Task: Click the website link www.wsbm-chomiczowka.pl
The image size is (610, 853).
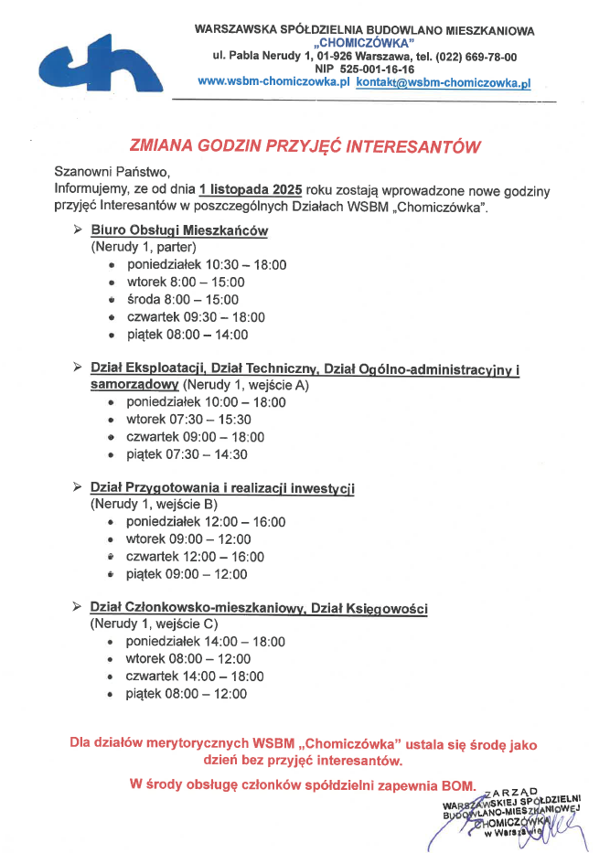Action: pos(273,81)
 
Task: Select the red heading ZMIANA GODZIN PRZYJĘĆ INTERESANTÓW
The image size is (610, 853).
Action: pos(305,145)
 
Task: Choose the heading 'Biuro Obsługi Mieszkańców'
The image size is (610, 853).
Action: pos(179,230)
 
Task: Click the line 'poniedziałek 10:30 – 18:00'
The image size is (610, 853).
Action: pos(207,265)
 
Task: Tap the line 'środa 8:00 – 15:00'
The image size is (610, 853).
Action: pos(182,300)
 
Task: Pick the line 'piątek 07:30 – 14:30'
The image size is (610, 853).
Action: pos(187,454)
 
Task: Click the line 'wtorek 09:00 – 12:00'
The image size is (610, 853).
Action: pos(187,539)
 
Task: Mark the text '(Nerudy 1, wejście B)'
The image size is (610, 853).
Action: pos(154,505)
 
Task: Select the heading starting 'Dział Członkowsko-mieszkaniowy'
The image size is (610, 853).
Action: pos(259,608)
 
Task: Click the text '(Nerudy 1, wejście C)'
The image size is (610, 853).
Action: pos(154,625)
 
